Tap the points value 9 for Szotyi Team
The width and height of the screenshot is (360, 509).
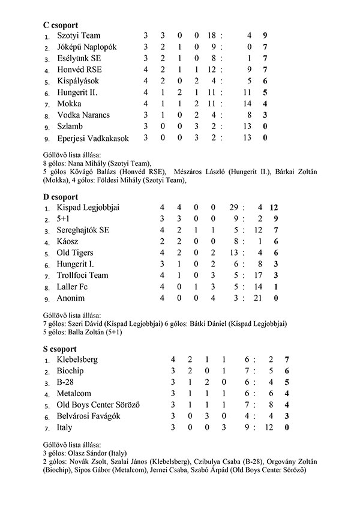click(x=265, y=36)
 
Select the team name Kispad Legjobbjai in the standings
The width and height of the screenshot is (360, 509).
click(x=88, y=208)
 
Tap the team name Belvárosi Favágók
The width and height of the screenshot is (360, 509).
click(x=88, y=416)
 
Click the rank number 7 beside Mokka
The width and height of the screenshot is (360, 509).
click(x=47, y=104)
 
